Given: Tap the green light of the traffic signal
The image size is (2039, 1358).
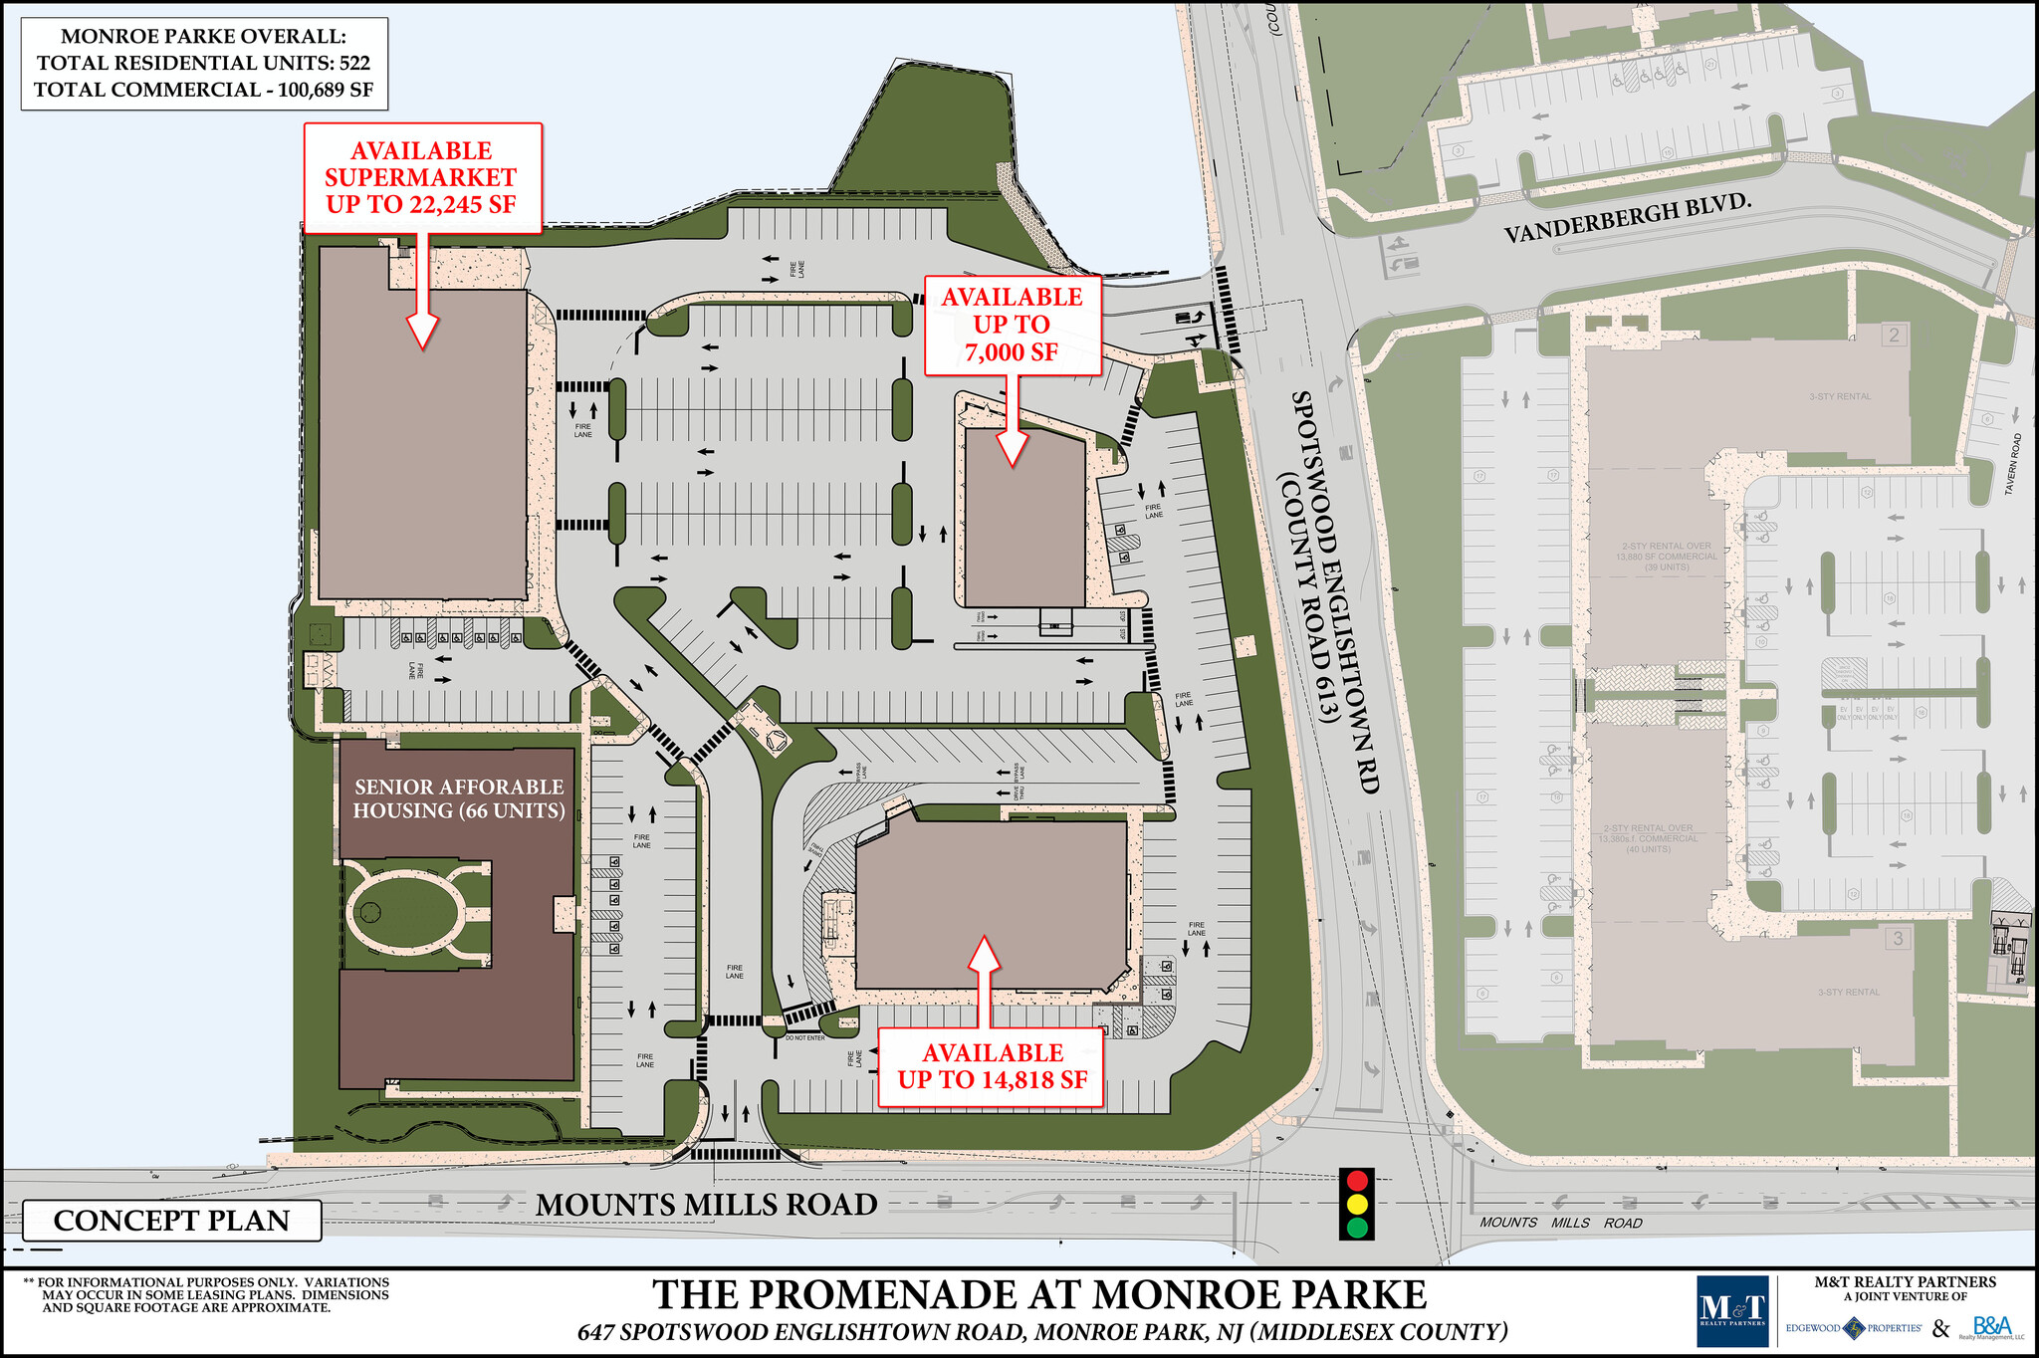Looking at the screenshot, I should click(x=1356, y=1227).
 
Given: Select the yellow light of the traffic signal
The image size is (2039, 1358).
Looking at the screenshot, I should click(x=1356, y=1204).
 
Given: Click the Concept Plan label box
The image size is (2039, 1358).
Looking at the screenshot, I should click(x=171, y=1221).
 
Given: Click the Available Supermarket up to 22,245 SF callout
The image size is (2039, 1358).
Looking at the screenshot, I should click(x=421, y=178).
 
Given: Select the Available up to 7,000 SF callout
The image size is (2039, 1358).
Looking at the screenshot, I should click(x=1012, y=325).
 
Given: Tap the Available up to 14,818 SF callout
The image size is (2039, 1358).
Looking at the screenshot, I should click(x=992, y=1066).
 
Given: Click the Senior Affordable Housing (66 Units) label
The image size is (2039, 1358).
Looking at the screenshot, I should click(x=458, y=798).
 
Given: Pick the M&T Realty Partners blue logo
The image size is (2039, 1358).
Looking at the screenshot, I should click(x=1731, y=1311).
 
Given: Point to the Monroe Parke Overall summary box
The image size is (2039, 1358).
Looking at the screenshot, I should click(x=203, y=63).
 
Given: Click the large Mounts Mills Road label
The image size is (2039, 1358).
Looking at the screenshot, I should click(x=706, y=1205).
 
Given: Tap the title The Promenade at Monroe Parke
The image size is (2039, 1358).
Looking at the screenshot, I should click(x=1039, y=1294).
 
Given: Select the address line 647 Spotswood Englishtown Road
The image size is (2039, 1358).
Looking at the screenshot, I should click(x=1042, y=1332).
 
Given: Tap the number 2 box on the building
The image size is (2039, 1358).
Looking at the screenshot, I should click(x=1894, y=336).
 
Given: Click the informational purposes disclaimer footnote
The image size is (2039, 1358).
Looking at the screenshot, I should click(x=208, y=1294).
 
